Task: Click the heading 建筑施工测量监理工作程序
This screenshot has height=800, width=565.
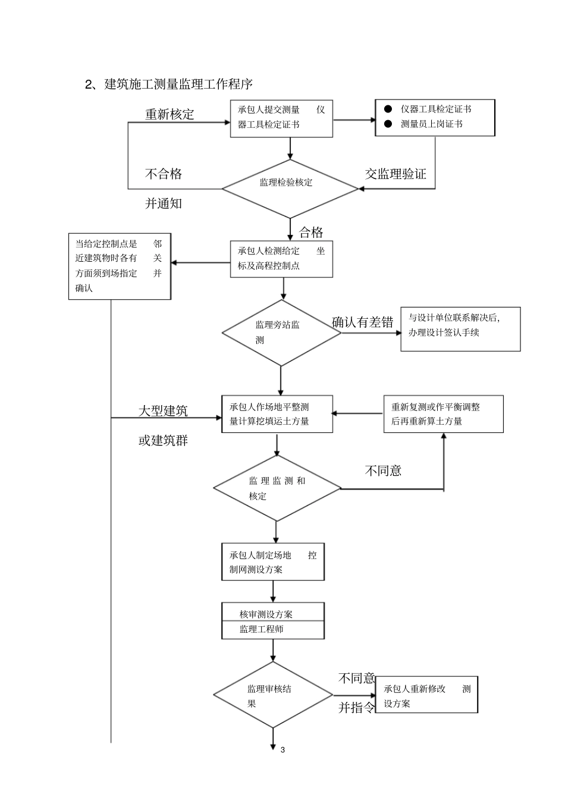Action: coord(172,84)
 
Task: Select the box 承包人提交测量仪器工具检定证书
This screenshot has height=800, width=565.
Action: coord(281,118)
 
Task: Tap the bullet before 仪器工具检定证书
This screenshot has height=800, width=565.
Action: coord(388,109)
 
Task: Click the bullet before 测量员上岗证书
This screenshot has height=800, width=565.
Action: coord(388,124)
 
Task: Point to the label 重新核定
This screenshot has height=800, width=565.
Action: coord(169,114)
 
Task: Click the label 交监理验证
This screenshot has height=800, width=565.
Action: coord(395,174)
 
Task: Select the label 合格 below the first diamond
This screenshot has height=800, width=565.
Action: coord(310,231)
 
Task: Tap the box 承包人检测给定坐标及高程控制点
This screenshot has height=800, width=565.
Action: coord(281,259)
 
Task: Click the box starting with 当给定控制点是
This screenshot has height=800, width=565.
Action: coord(120,266)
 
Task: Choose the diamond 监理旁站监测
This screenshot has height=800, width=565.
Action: coord(281,332)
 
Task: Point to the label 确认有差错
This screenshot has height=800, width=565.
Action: coord(363,322)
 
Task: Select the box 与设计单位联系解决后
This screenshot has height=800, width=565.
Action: coord(460,328)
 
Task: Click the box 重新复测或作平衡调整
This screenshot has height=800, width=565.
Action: coord(443,414)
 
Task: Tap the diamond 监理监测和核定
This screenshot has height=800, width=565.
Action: coord(277,488)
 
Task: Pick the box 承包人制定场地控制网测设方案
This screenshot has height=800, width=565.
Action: coord(273,561)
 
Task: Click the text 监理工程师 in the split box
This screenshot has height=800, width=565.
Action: coord(262,629)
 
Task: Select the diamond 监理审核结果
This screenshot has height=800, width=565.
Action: coord(273,695)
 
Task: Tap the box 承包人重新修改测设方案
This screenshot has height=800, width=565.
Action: coord(426,695)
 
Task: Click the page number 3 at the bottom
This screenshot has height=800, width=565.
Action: coord(282,749)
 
